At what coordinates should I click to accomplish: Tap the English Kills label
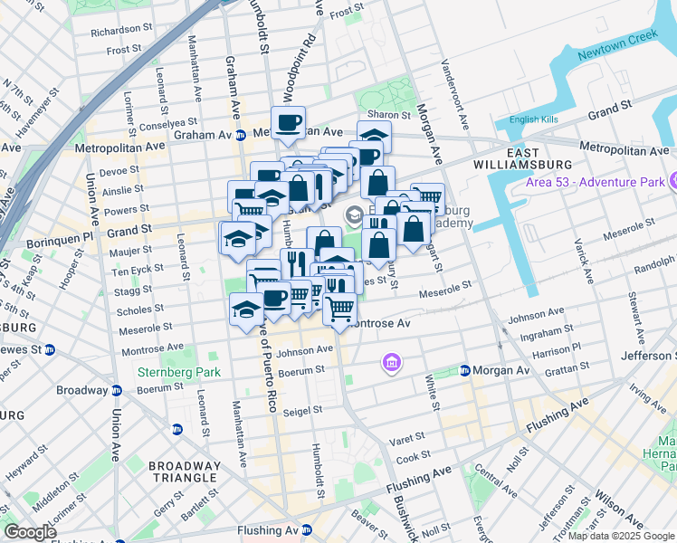pos(535,119)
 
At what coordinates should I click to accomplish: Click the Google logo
pos(30,531)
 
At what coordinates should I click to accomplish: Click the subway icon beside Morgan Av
pos(464,370)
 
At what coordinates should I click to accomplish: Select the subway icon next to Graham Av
pos(241,135)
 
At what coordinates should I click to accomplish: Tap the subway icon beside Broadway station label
pos(118,391)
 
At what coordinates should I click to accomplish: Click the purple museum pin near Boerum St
pos(391,363)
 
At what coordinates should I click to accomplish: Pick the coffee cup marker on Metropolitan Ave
pos(289,122)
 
